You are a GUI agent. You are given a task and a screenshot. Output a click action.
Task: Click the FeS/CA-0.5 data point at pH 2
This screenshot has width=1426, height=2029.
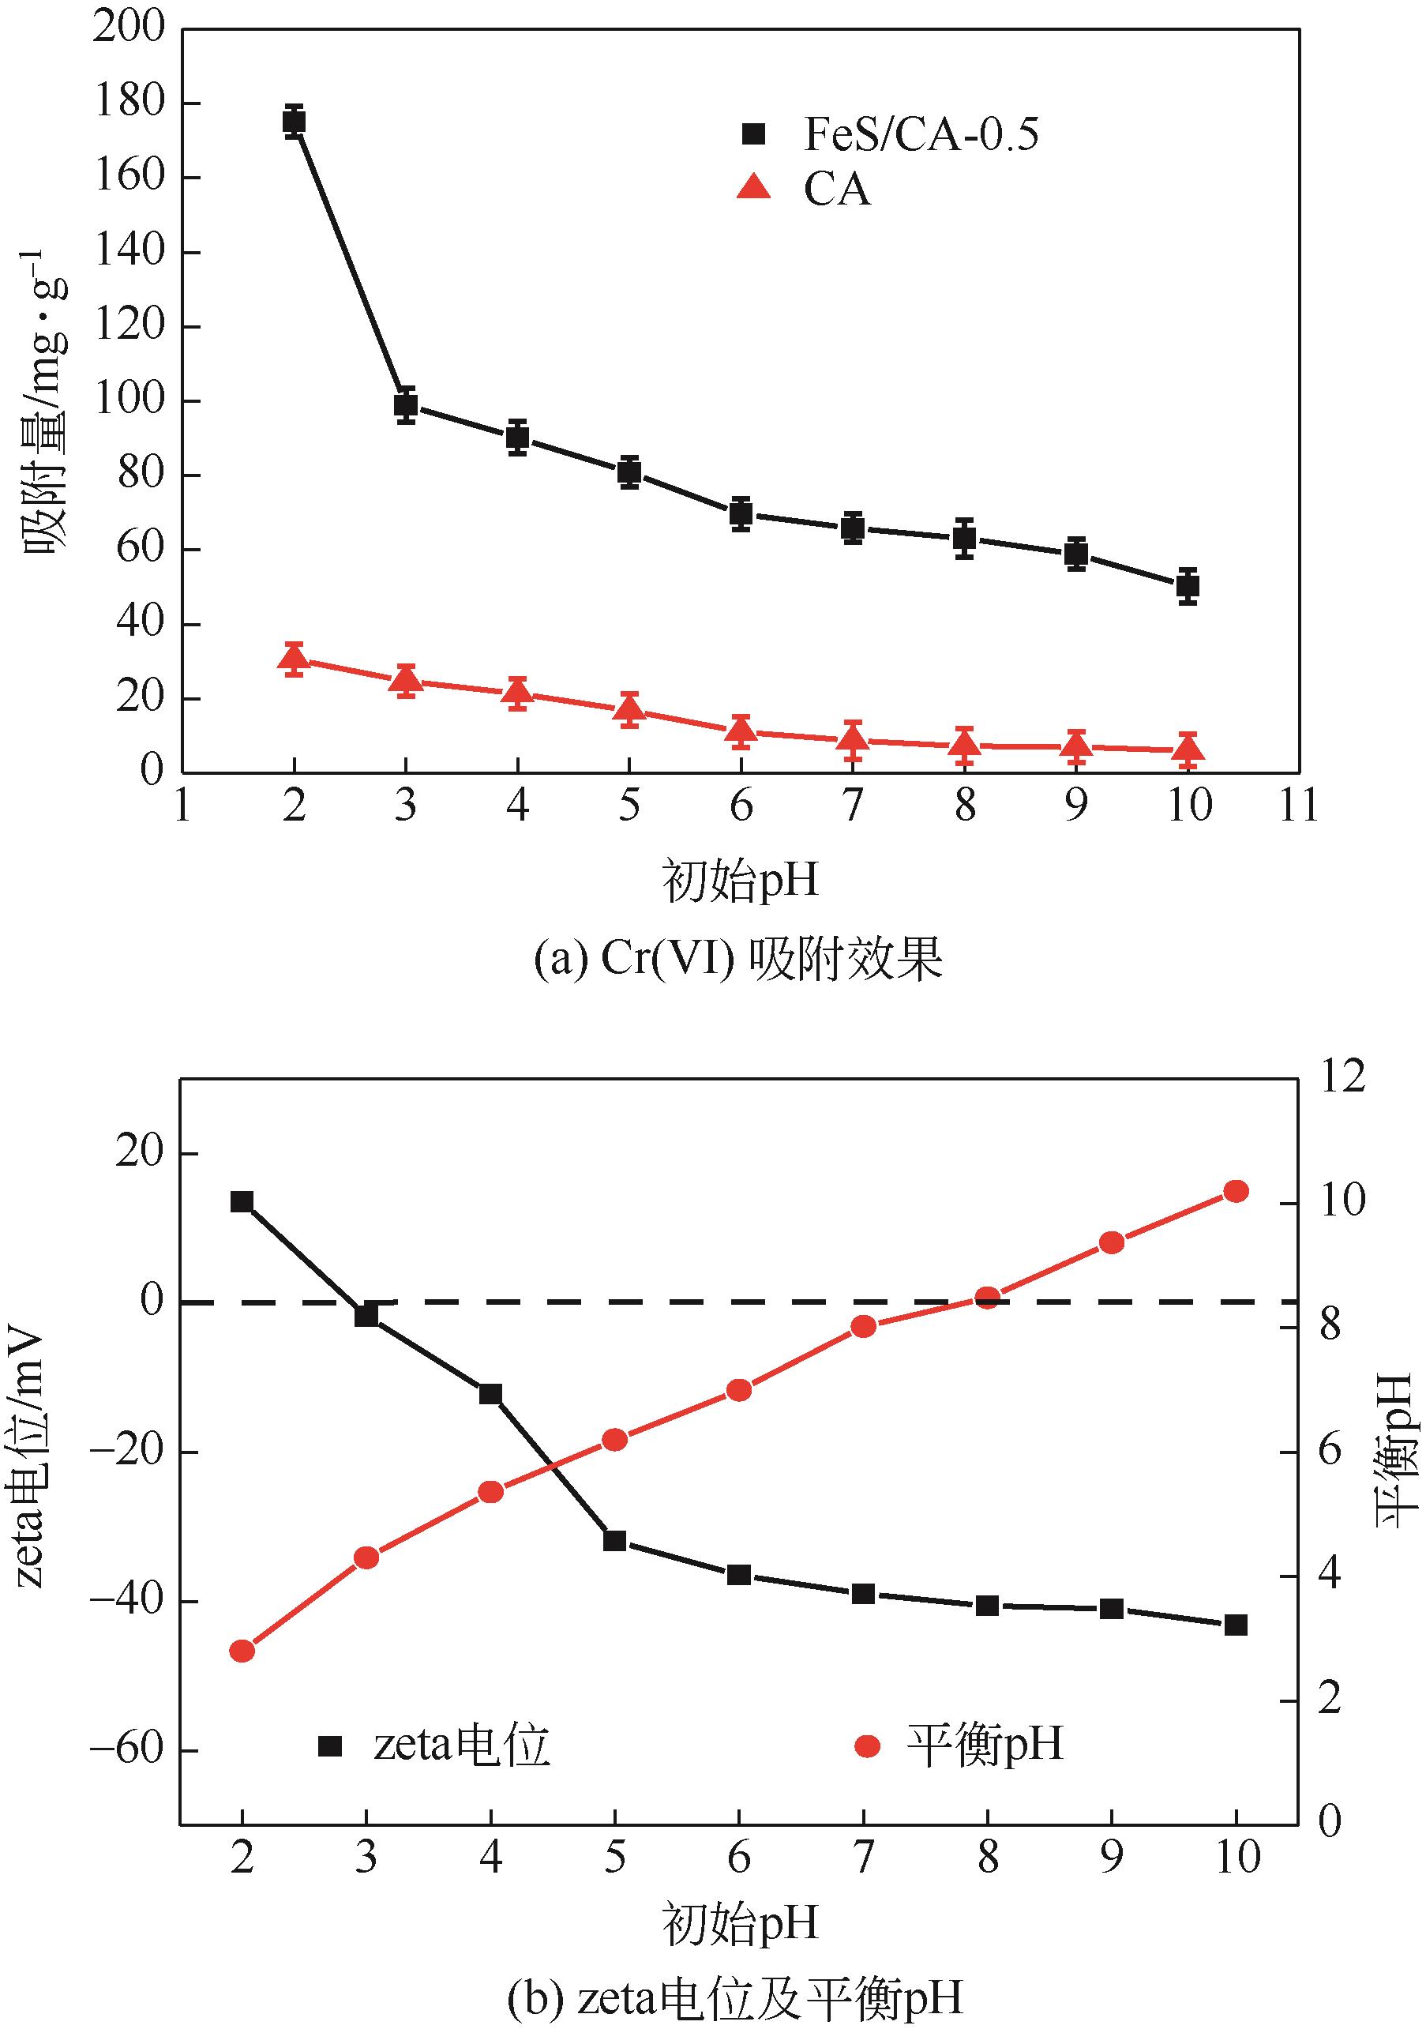[295, 121]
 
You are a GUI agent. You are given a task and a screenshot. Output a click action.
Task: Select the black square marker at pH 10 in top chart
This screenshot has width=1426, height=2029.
[1188, 585]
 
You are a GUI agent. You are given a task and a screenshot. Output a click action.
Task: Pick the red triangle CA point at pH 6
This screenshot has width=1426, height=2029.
[741, 731]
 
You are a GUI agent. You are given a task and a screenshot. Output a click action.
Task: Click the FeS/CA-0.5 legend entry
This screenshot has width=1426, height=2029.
[892, 134]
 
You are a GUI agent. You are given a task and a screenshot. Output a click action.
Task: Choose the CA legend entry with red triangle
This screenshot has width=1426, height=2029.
[804, 189]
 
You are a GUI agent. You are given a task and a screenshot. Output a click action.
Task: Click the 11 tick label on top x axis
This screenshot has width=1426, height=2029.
[1299, 805]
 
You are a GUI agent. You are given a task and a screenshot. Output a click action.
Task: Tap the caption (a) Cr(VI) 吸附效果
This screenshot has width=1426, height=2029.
[738, 959]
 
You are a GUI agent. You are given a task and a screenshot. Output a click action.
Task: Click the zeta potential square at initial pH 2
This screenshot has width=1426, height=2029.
[242, 1201]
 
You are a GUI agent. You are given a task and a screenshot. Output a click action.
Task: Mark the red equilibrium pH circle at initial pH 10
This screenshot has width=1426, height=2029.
[1236, 1191]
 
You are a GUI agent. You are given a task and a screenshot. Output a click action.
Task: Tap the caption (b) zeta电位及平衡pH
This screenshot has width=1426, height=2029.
[735, 1997]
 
